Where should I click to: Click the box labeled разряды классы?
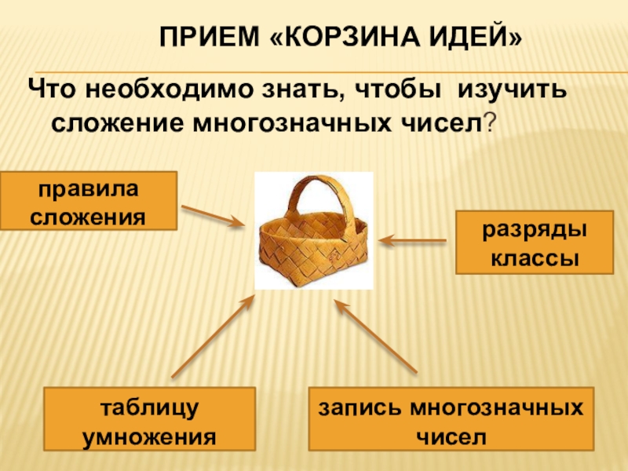535,243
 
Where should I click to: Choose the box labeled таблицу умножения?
149,418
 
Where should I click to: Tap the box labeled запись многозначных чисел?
450,418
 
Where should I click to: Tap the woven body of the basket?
314,247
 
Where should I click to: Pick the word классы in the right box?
535,257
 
